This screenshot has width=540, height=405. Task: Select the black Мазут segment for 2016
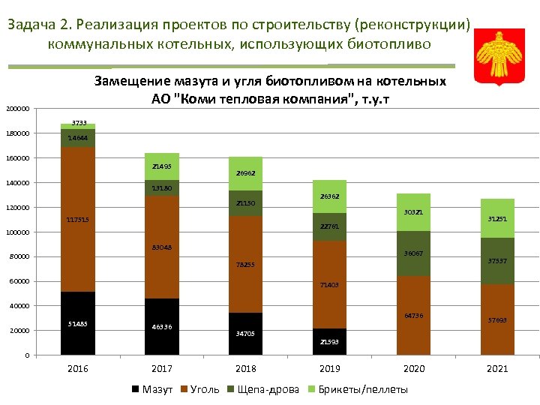point(77,323)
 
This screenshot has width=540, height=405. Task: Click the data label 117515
point(77,219)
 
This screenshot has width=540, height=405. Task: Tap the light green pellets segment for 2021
point(497,218)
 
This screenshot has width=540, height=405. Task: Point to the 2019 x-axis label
point(329,368)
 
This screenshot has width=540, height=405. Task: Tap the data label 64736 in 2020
point(413,315)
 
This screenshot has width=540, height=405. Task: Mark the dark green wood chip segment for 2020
point(413,253)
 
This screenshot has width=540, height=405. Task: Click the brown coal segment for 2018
point(245,264)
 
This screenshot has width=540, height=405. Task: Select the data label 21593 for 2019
point(329,342)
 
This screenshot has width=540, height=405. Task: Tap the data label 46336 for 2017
point(161,327)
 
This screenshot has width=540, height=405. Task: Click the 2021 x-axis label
point(497,368)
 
